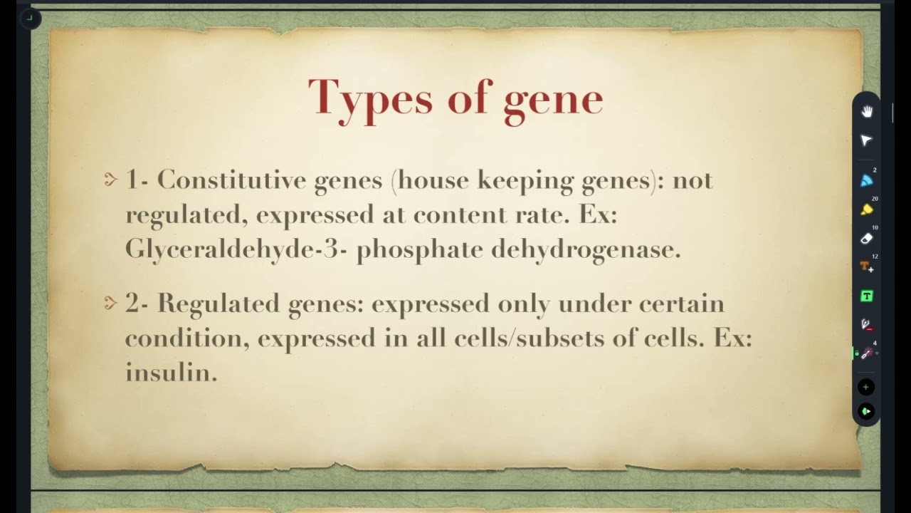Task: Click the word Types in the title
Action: coord(370,98)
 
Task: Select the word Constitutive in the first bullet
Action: coord(226,180)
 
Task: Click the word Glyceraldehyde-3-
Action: coord(236,249)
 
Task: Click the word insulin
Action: coord(171,371)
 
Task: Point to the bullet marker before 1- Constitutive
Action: coord(110,180)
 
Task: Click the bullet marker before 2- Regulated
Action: coord(110,304)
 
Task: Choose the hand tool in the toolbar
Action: coord(867,112)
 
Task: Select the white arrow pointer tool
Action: coord(866,140)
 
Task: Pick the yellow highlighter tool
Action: coord(866,209)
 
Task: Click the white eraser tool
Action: coord(866,239)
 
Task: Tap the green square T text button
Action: coord(866,296)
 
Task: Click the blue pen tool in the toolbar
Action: coord(866,181)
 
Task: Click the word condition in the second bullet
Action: coord(186,338)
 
